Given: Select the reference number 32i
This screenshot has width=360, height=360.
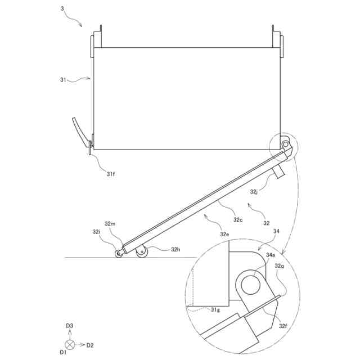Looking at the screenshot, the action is click(x=96, y=232).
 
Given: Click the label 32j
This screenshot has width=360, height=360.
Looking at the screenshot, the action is click(x=255, y=192).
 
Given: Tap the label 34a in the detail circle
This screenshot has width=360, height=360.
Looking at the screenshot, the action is click(x=271, y=255).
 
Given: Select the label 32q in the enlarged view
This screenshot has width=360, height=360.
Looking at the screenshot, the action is click(x=280, y=267).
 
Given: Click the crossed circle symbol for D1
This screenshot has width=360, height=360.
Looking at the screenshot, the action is click(x=70, y=344).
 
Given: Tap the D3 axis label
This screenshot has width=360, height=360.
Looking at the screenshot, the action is click(x=70, y=326).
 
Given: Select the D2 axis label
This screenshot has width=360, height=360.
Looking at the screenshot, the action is click(x=89, y=344).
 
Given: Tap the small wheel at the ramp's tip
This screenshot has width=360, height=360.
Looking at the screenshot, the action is click(x=119, y=254).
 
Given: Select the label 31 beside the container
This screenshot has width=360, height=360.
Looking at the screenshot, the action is click(x=64, y=80).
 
